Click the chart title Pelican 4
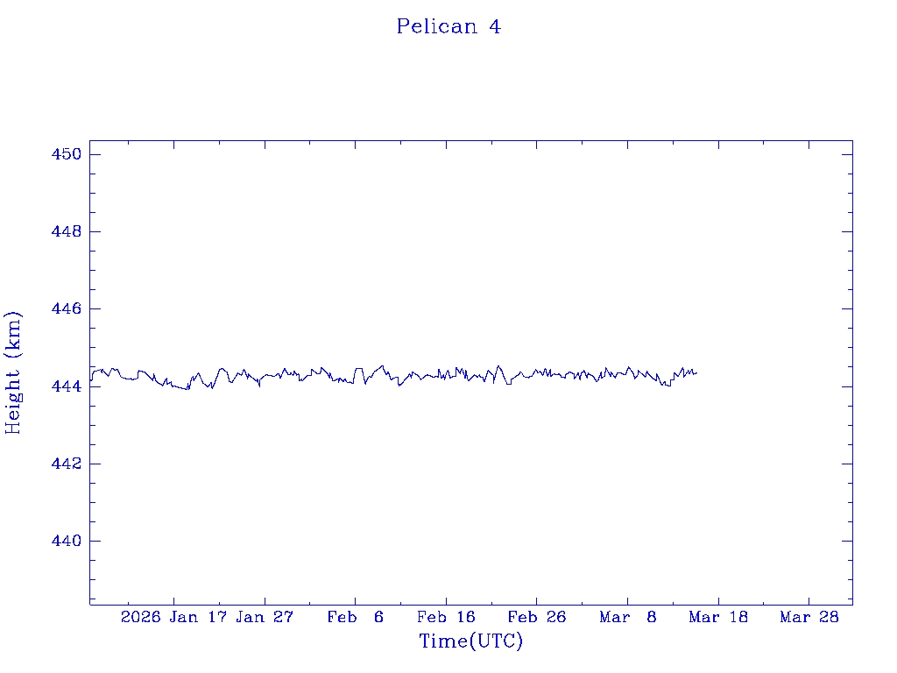click(448, 27)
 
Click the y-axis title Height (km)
click(13, 372)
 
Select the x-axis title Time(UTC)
click(470, 641)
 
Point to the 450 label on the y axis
click(65, 154)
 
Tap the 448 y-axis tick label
click(65, 232)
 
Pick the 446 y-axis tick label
click(65, 309)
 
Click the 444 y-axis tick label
click(65, 386)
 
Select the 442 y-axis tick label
click(65, 464)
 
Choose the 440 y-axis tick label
click(65, 541)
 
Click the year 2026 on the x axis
click(140, 618)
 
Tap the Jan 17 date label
click(198, 618)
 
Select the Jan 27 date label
click(265, 618)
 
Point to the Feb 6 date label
click(356, 618)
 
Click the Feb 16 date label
click(446, 618)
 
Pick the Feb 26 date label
click(537, 618)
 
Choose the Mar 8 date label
click(628, 618)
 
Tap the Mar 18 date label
click(718, 618)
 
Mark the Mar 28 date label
click(809, 618)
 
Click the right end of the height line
click(696, 373)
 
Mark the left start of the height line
click(90, 379)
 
